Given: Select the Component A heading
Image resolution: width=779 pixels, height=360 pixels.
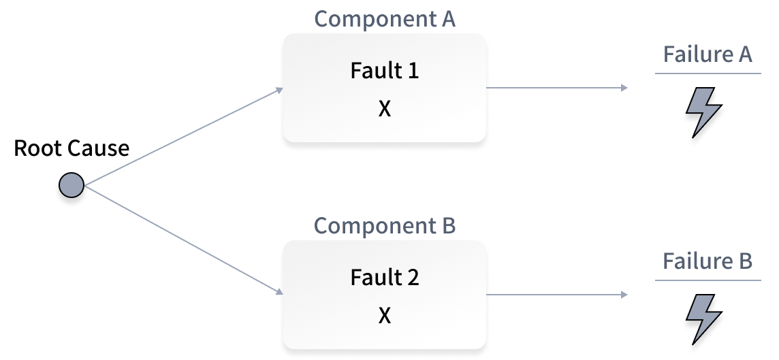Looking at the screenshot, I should point(385,19).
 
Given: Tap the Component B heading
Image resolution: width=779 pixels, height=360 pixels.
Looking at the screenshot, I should point(385,226).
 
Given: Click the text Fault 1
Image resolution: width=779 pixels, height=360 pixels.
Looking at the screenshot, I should point(385,71).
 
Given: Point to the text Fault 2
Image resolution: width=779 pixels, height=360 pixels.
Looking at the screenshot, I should point(385,278).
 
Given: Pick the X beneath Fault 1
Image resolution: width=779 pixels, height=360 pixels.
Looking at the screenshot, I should point(385,109).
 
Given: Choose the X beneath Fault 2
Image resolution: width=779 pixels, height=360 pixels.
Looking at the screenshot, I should point(385,316).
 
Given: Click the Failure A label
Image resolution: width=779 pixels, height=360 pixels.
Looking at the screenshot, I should point(708,54).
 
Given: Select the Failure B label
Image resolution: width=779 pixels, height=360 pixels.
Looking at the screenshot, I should point(708,261).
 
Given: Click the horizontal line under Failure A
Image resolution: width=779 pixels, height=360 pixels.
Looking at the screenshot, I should point(708,73).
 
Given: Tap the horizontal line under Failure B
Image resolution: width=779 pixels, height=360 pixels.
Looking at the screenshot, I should point(708,280).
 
